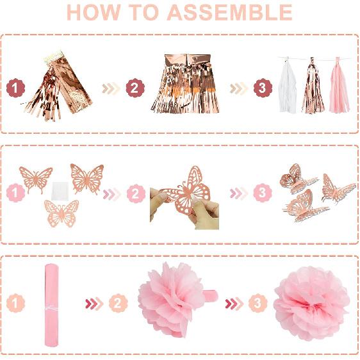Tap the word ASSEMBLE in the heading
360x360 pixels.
230,12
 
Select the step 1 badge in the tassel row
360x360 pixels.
15,88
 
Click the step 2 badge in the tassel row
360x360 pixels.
135,88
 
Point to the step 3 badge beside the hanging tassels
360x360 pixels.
263,88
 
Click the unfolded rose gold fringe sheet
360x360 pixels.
185,84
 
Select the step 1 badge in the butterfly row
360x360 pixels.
15,193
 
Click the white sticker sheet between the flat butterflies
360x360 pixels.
60,190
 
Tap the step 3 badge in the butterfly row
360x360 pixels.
263,193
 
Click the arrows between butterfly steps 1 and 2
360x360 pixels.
112,194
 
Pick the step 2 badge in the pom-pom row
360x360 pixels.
118,303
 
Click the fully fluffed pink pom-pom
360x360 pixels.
311,303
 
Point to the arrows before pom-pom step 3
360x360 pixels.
234,304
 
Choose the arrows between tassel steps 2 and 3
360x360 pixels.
239,88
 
